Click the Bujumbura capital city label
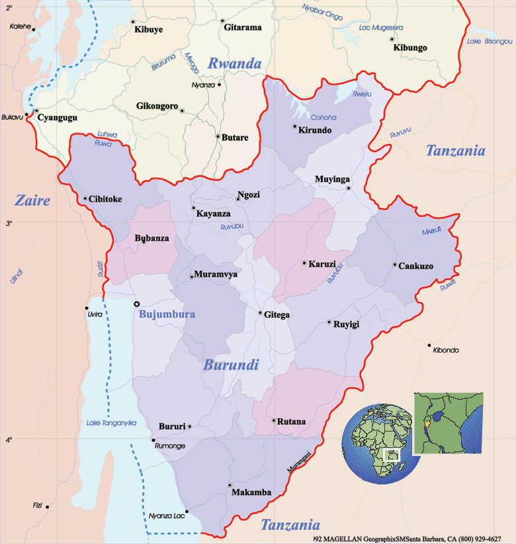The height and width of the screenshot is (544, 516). pos(167,314)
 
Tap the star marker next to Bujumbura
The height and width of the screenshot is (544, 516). pos(137,304)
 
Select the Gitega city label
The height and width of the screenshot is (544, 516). pos(277,315)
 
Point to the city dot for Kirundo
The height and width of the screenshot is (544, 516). pos(295,126)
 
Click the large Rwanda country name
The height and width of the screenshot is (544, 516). pos(234,64)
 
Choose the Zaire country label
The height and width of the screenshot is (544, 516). pos(32,200)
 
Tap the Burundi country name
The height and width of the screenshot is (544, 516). pos(231,365)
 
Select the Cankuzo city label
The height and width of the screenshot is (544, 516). pos(416,266)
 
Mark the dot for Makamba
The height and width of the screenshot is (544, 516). pos(230,485)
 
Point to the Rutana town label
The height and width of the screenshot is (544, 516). pos(292,422)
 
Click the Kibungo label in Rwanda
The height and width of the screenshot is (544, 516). pos(410,48)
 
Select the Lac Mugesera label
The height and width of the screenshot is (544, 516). pos(380,28)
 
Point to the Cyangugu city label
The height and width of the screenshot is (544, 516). pos(58,118)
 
